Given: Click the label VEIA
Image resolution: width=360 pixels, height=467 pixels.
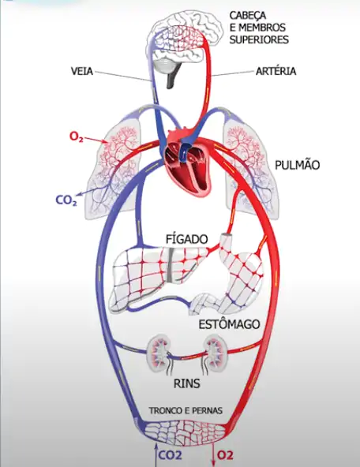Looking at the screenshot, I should point(81,71).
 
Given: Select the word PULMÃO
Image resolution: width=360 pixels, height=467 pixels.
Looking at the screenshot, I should point(297,165).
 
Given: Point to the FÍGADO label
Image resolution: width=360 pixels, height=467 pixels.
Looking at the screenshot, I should point(186,238).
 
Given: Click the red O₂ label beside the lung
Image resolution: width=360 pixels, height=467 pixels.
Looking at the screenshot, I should point(77,136).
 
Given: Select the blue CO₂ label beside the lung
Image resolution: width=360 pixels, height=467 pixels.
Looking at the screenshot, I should point(66,201).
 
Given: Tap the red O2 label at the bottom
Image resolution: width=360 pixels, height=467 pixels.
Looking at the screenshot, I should point(226,454).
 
